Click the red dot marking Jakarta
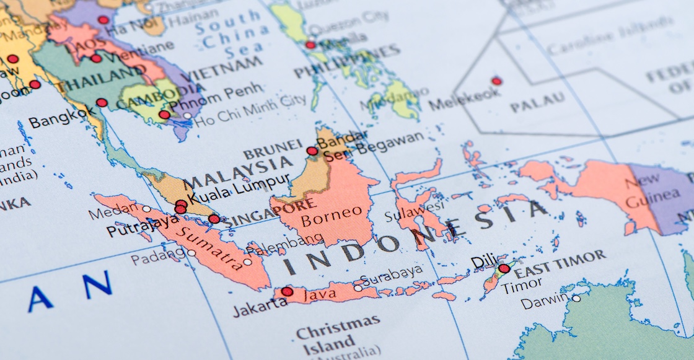(287, 291)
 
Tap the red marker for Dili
(504, 269)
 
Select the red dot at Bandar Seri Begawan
(312, 151)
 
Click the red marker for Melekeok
(496, 81)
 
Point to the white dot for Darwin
(576, 298)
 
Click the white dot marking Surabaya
(358, 288)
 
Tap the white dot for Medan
(147, 209)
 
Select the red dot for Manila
(310, 45)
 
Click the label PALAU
(537, 102)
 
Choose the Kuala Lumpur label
(238, 189)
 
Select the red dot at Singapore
(214, 219)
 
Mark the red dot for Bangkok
(102, 103)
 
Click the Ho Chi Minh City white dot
(187, 116)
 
